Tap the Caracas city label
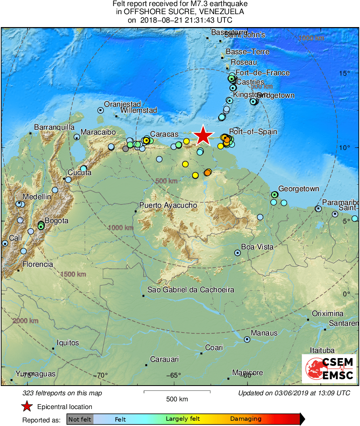pyautogui.click(x=164, y=134)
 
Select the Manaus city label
pyautogui.click(x=264, y=333)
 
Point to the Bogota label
pyautogui.click(x=56, y=221)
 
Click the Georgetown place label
pyautogui.click(x=299, y=189)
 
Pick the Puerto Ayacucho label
pyautogui.click(x=168, y=205)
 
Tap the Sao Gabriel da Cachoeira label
pyautogui.click(x=191, y=290)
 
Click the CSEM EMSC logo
pyautogui.click(x=330, y=369)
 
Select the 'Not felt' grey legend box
pyautogui.click(x=80, y=419)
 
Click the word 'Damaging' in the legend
pyautogui.click(x=246, y=419)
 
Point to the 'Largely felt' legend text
pyautogui.click(x=183, y=419)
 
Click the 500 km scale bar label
pyautogui.click(x=177, y=399)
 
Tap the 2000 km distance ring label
pyautogui.click(x=26, y=321)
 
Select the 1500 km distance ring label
pyautogui.click(x=73, y=274)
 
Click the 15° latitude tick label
pyautogui.click(x=345, y=73)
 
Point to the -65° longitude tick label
pyautogui.click(x=174, y=375)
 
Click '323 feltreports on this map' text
pyautogui.click(x=62, y=393)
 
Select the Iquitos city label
pyautogui.click(x=68, y=343)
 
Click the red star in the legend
pyautogui.click(x=27, y=407)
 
